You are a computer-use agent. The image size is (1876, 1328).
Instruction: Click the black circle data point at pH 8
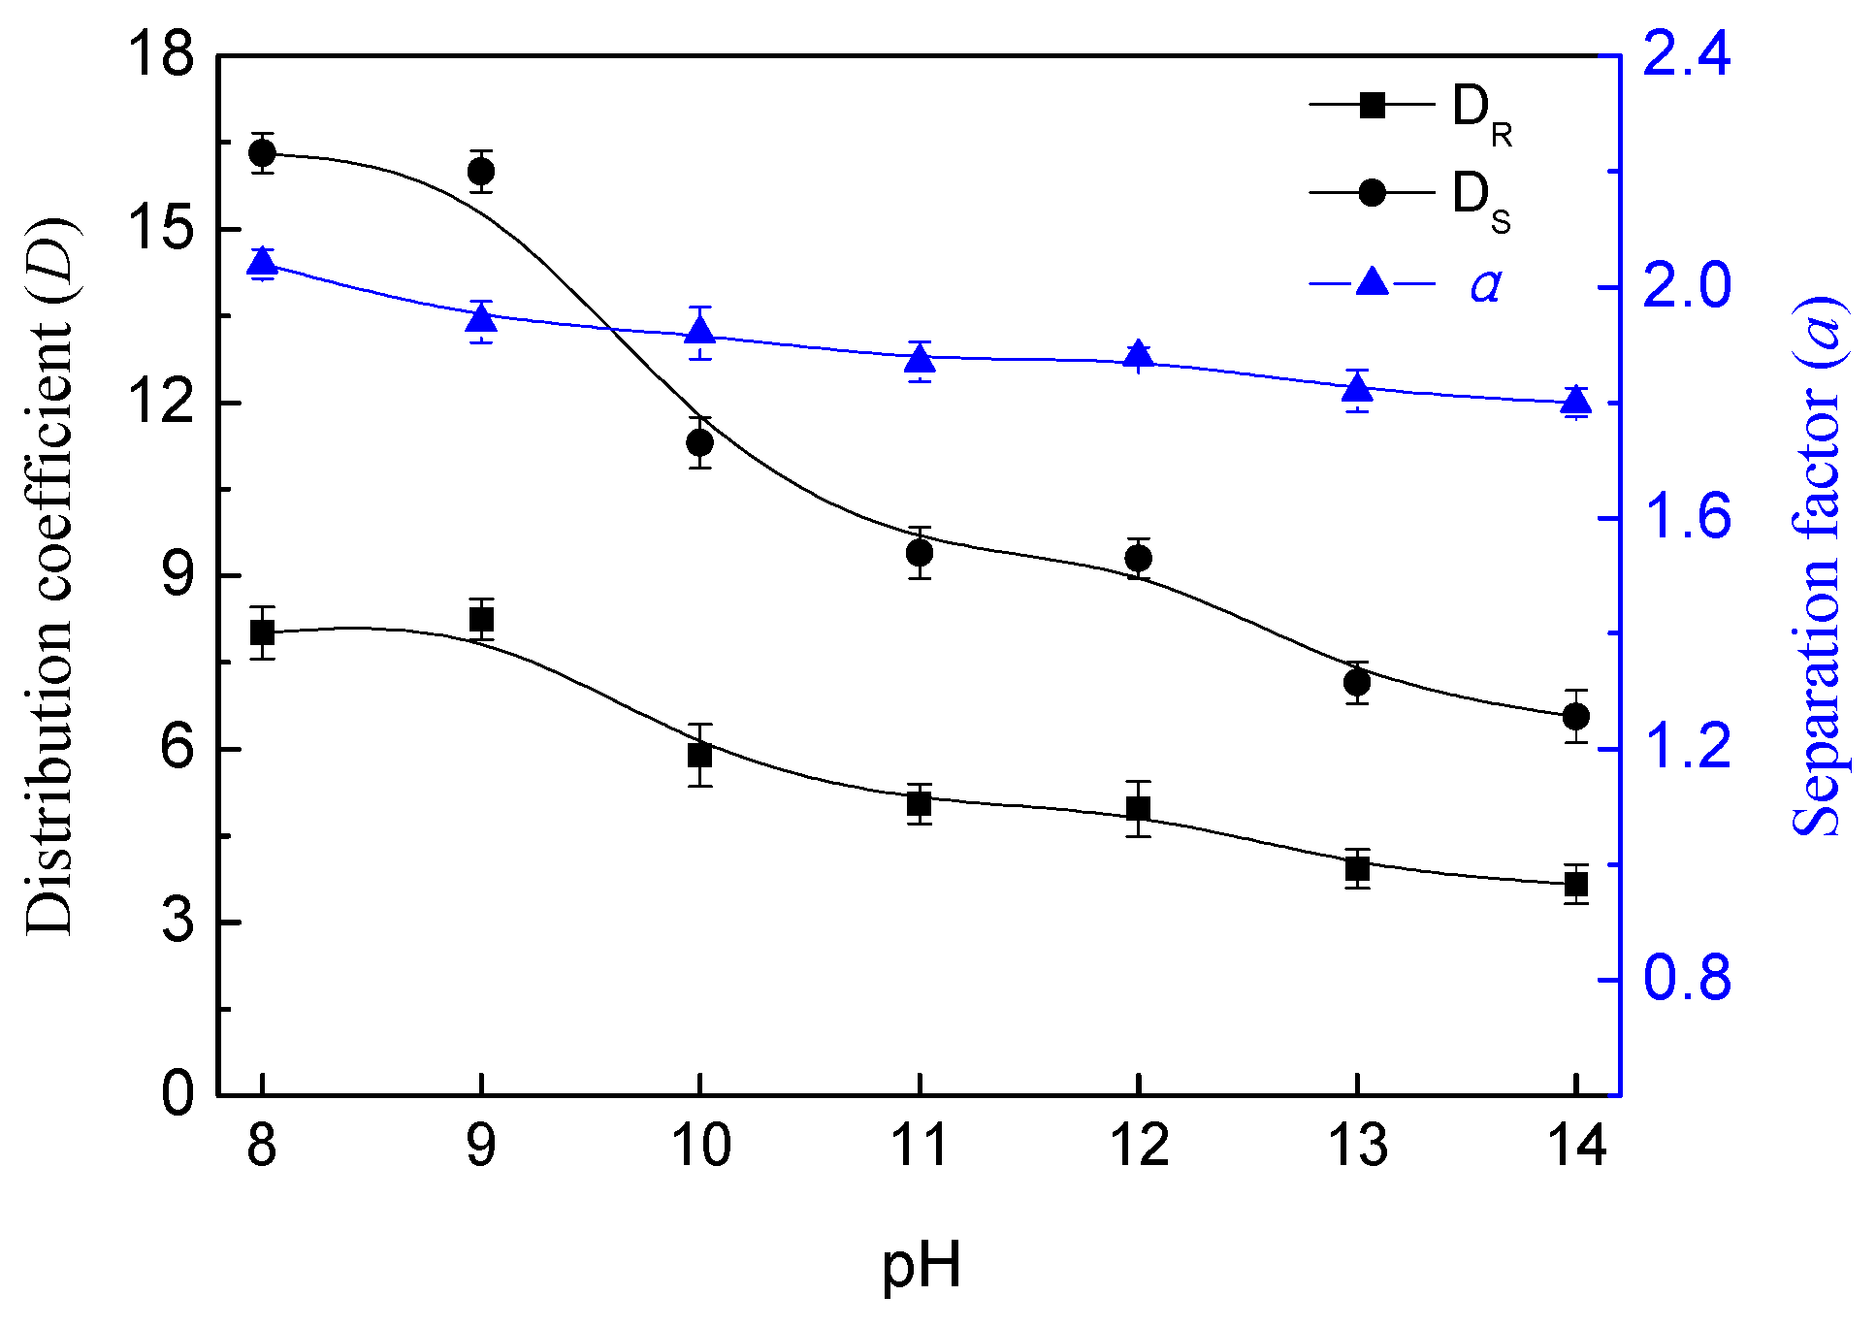click(262, 152)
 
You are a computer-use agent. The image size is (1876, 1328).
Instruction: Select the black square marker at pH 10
click(700, 755)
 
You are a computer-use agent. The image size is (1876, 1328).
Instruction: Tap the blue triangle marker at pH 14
click(1576, 400)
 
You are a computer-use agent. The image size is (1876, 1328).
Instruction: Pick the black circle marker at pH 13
click(1357, 683)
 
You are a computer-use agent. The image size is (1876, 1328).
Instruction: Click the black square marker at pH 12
click(1139, 808)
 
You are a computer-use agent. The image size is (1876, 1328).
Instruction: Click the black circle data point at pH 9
click(481, 172)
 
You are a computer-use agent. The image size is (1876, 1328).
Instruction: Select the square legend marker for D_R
click(1372, 105)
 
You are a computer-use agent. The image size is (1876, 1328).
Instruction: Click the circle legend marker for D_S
click(1372, 192)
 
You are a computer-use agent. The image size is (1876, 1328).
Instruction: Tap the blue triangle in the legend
click(1372, 282)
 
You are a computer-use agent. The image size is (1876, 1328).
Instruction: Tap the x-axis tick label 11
click(919, 1146)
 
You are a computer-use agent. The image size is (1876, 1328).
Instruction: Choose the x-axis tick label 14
click(1576, 1146)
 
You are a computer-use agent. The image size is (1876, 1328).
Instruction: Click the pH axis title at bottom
click(922, 1267)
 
